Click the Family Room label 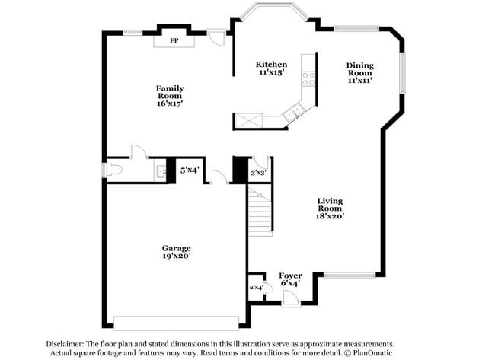(x=170, y=96)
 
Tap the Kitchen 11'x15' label (x=271, y=68)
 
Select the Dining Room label (x=360, y=72)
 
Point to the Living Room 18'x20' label (x=331, y=209)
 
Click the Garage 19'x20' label (x=176, y=252)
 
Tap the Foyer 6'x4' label (x=289, y=279)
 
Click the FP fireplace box (x=174, y=40)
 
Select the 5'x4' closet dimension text (x=189, y=170)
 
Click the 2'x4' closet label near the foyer (x=256, y=288)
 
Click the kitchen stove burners (x=308, y=76)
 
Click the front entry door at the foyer (x=291, y=301)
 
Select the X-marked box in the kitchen (x=249, y=120)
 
